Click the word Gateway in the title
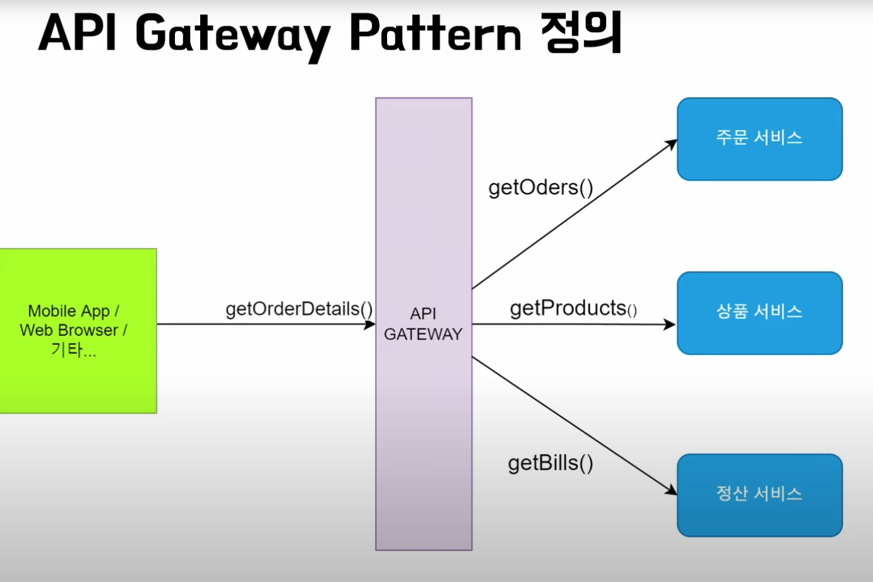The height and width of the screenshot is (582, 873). (x=233, y=37)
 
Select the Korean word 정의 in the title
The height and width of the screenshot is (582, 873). (x=581, y=32)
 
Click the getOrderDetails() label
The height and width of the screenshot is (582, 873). (x=299, y=310)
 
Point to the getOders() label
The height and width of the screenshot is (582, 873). (x=541, y=187)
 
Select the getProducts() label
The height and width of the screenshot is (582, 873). (x=573, y=308)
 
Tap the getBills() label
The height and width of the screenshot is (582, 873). (x=550, y=464)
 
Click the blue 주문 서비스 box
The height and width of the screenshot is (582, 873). (x=760, y=139)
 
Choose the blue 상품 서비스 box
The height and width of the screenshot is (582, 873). (x=760, y=313)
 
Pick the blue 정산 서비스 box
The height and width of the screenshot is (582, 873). (x=760, y=496)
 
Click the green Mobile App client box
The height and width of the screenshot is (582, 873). (x=78, y=331)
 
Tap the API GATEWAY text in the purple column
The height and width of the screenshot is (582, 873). (x=423, y=324)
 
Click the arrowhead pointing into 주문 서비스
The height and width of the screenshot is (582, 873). (x=671, y=144)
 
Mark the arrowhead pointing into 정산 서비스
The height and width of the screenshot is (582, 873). (x=671, y=490)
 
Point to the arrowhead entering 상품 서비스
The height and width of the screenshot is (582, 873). (x=670, y=325)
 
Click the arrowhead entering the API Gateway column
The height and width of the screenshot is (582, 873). (x=369, y=324)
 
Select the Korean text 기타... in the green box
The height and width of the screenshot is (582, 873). (x=73, y=349)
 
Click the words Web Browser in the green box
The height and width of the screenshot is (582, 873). (x=69, y=330)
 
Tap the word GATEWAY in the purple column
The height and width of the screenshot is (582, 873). (x=423, y=334)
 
